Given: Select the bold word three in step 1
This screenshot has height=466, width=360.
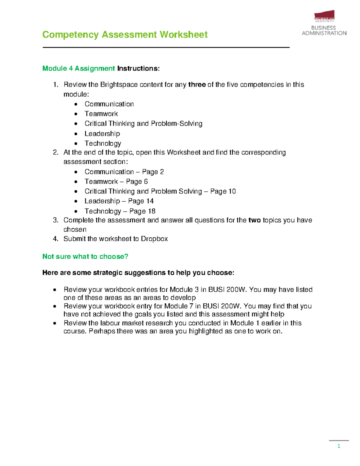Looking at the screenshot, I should pos(197,85).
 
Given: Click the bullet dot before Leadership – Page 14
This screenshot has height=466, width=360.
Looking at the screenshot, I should pos(76,201).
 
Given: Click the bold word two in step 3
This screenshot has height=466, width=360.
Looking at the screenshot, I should pos(254,220).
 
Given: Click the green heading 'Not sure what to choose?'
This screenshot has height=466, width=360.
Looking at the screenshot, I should pos(85,257).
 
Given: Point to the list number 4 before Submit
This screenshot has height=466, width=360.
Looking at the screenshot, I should pos(55,239).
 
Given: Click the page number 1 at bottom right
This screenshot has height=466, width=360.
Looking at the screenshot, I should pos(339,446).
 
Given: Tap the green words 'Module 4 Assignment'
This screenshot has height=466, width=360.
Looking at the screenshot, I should pos(79,68).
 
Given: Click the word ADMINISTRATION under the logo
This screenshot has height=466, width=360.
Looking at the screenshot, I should pos(324,33).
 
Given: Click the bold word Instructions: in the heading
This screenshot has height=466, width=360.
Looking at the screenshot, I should pos(138,68).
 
